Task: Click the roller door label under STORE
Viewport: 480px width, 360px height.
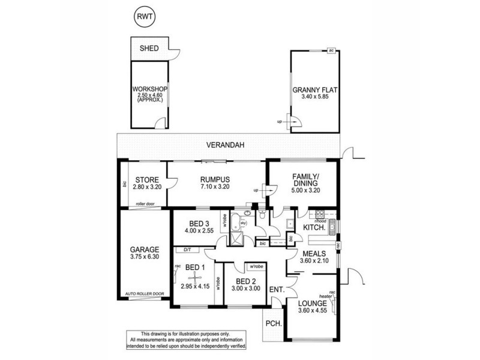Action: [145, 203]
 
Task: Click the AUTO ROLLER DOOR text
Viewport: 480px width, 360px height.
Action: [145, 293]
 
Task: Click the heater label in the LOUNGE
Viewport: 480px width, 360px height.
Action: [326, 296]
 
